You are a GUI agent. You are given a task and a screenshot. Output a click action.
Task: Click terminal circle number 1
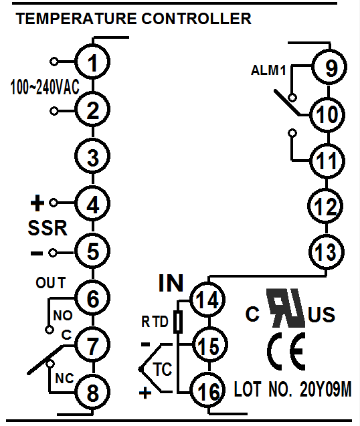[92, 62]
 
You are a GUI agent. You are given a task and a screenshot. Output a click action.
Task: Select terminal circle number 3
[92, 156]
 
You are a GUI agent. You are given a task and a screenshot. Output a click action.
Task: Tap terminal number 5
[92, 251]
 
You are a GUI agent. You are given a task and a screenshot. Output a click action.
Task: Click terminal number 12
[325, 206]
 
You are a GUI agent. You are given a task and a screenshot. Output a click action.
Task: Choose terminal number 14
[207, 300]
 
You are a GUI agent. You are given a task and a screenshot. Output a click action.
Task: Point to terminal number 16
[207, 390]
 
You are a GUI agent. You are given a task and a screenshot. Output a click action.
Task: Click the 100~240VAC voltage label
[45, 87]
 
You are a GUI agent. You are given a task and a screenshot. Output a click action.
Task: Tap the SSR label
[48, 227]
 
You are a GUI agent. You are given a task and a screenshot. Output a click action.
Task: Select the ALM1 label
[268, 70]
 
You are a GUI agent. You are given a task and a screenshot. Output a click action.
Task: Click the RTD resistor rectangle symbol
[178, 322]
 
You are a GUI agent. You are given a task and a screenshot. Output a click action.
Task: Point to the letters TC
[163, 369]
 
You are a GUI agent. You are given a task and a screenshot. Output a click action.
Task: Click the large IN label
[171, 283]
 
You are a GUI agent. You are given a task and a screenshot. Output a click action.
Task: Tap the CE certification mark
[286, 351]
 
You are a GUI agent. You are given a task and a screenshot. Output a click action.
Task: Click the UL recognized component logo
[286, 308]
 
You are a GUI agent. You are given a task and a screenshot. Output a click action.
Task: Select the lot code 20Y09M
[326, 389]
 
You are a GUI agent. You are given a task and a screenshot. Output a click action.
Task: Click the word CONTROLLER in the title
[196, 19]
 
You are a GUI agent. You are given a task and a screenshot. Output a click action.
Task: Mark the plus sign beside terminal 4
[37, 203]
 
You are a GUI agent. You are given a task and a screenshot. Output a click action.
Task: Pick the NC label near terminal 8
[64, 379]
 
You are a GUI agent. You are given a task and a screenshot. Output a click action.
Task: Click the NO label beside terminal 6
[63, 316]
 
